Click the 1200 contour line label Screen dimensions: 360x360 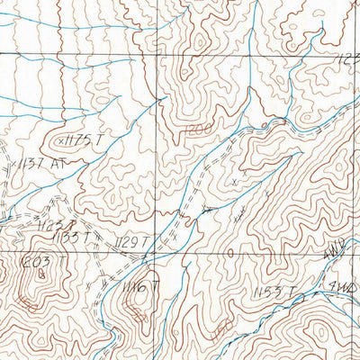click(199, 131)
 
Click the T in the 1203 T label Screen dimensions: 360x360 click(63, 261)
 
